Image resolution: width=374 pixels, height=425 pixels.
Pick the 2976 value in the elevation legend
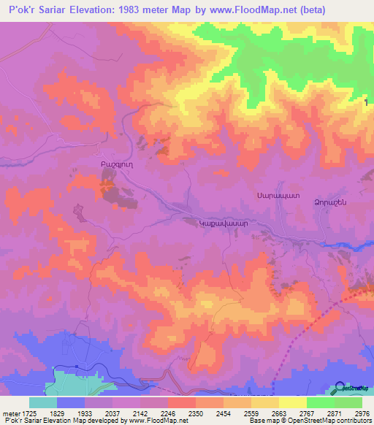pos(360,413)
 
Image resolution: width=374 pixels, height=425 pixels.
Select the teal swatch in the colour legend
pos(43,402)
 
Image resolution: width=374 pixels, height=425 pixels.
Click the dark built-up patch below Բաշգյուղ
pos(112,192)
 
